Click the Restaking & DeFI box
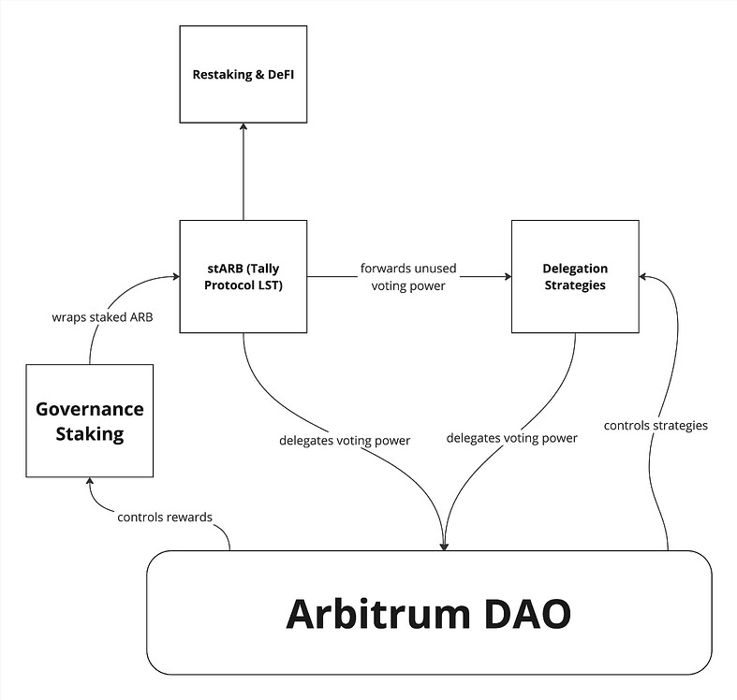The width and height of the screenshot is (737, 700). pyautogui.click(x=243, y=75)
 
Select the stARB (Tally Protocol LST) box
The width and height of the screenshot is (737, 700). pyautogui.click(x=243, y=276)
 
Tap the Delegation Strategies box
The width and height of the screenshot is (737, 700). pyautogui.click(x=574, y=276)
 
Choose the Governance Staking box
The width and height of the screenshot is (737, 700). pyautogui.click(x=89, y=420)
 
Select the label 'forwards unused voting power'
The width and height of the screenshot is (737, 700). pyautogui.click(x=409, y=277)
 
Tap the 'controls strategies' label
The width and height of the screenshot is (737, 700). pyautogui.click(x=655, y=425)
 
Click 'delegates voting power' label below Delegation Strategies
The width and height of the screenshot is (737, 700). pyautogui.click(x=512, y=438)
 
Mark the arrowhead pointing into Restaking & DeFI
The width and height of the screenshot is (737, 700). pyautogui.click(x=243, y=129)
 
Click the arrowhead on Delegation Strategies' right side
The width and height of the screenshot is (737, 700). pyautogui.click(x=643, y=276)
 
